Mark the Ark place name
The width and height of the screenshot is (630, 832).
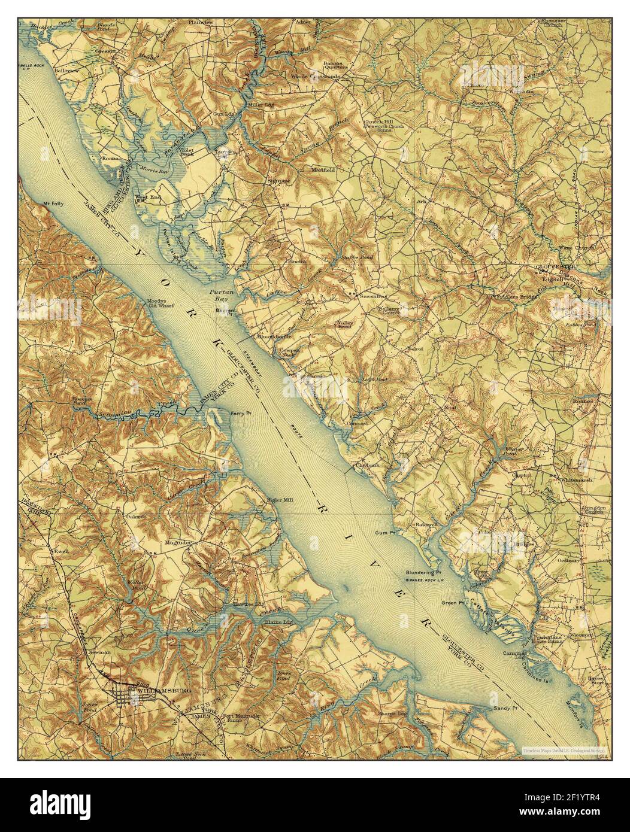click(421, 201)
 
